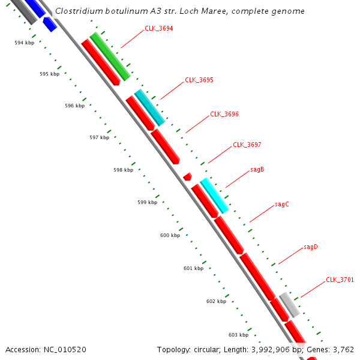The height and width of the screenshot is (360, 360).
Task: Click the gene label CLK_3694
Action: [159, 29]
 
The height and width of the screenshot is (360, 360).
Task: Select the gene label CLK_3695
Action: [199, 80]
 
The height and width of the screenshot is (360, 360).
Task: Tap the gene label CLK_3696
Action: [224, 114]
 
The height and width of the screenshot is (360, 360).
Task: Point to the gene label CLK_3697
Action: [247, 145]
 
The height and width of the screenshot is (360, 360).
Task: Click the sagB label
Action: [257, 170]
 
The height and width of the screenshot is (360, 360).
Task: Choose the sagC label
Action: [282, 205]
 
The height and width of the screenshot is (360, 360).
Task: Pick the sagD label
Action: [311, 247]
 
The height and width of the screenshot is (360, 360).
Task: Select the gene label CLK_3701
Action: [340, 280]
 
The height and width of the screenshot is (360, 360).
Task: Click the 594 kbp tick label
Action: [25, 43]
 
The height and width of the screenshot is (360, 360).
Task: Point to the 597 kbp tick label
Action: [99, 137]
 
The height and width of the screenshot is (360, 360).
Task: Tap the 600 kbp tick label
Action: [170, 235]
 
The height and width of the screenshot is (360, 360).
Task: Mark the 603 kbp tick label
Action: [238, 335]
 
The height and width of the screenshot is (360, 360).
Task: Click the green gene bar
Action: [110, 57]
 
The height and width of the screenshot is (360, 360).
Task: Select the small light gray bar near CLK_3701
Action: [290, 305]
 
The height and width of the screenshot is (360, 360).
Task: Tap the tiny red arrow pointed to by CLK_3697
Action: [188, 176]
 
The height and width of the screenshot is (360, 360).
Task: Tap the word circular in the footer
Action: [214, 349]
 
